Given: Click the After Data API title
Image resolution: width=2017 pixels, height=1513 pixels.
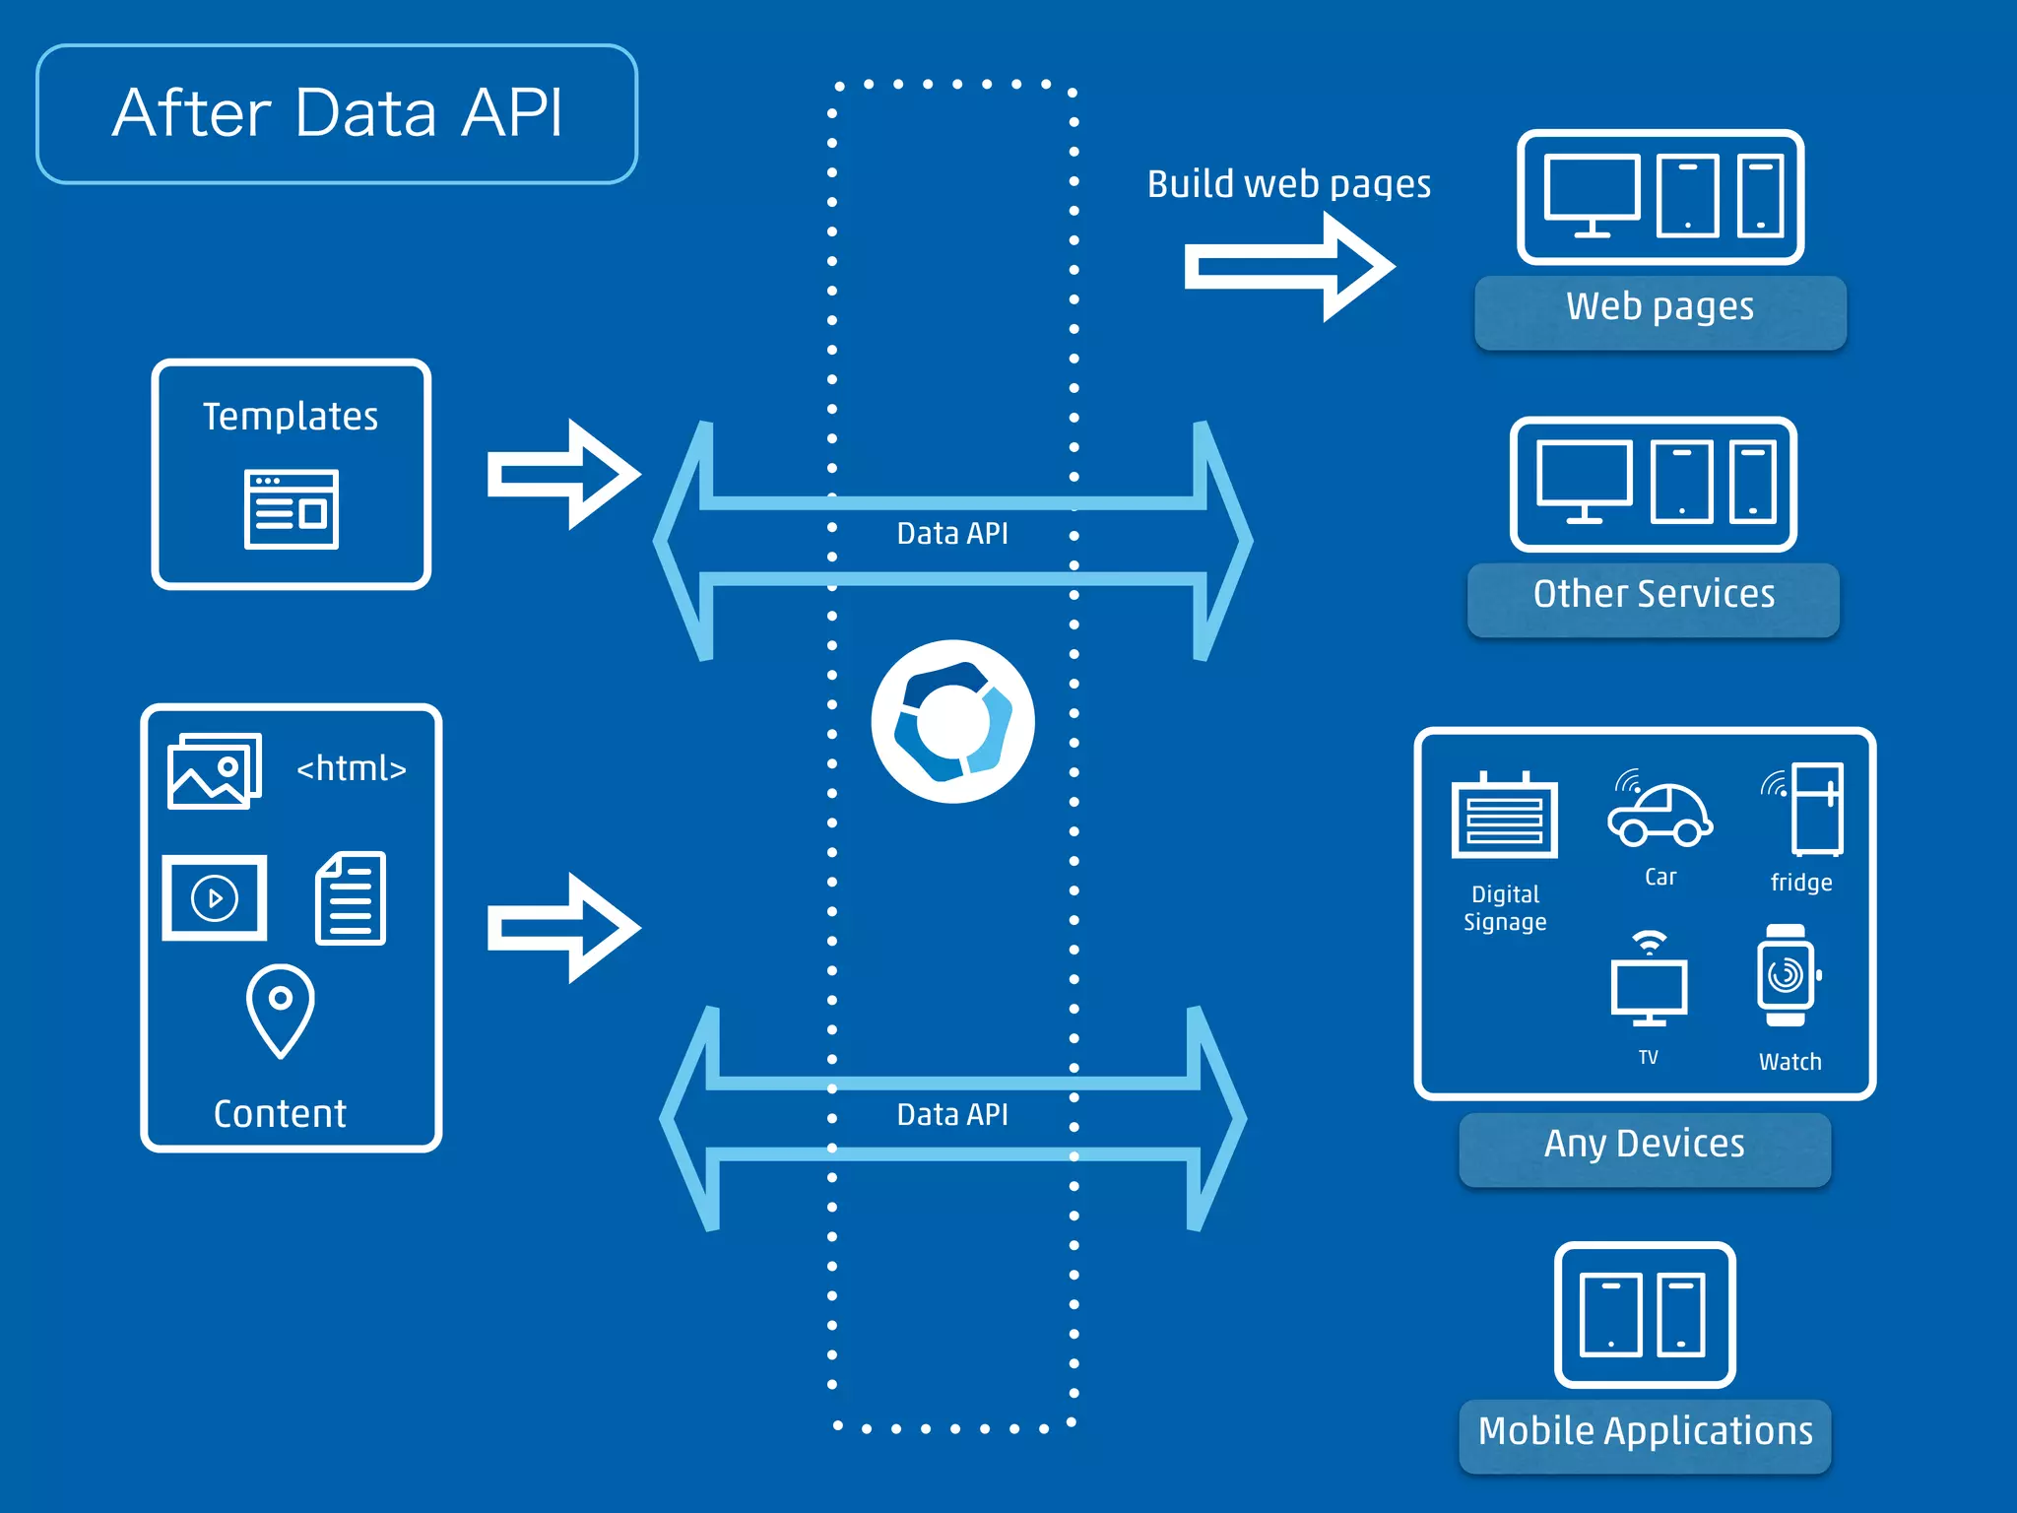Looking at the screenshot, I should [x=337, y=113].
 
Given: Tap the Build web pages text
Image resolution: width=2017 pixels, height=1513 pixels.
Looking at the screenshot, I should [x=1288, y=184].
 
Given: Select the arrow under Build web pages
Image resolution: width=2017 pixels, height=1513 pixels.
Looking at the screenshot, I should [x=1288, y=267].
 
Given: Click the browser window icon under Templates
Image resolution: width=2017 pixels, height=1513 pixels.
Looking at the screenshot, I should [x=292, y=509].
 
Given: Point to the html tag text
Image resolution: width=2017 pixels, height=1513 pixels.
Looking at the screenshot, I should [x=352, y=768].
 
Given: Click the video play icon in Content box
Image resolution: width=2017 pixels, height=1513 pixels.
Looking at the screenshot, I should [x=215, y=897].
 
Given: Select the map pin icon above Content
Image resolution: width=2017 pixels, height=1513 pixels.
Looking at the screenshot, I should [x=280, y=1010].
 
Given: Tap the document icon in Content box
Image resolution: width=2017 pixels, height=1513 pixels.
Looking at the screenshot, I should [x=351, y=897].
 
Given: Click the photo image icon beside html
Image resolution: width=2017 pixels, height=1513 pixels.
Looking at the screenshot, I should [x=215, y=771].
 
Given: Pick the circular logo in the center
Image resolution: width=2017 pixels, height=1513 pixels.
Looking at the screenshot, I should [x=952, y=721].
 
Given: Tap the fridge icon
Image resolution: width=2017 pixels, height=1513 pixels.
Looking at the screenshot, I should [x=1814, y=809].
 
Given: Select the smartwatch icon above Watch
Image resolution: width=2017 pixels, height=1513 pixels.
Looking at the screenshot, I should [x=1786, y=975].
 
